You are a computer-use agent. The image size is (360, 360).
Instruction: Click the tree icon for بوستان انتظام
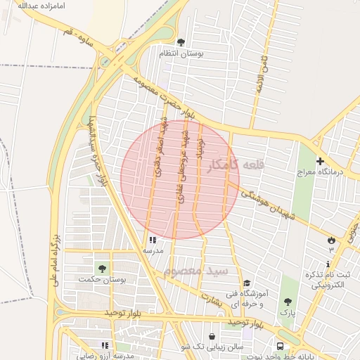[181, 43]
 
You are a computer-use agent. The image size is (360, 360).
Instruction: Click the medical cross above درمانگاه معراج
[319, 161]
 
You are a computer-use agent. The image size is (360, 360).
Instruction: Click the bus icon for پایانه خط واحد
[280, 346]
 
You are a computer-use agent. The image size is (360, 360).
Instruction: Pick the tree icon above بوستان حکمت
[103, 269]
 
